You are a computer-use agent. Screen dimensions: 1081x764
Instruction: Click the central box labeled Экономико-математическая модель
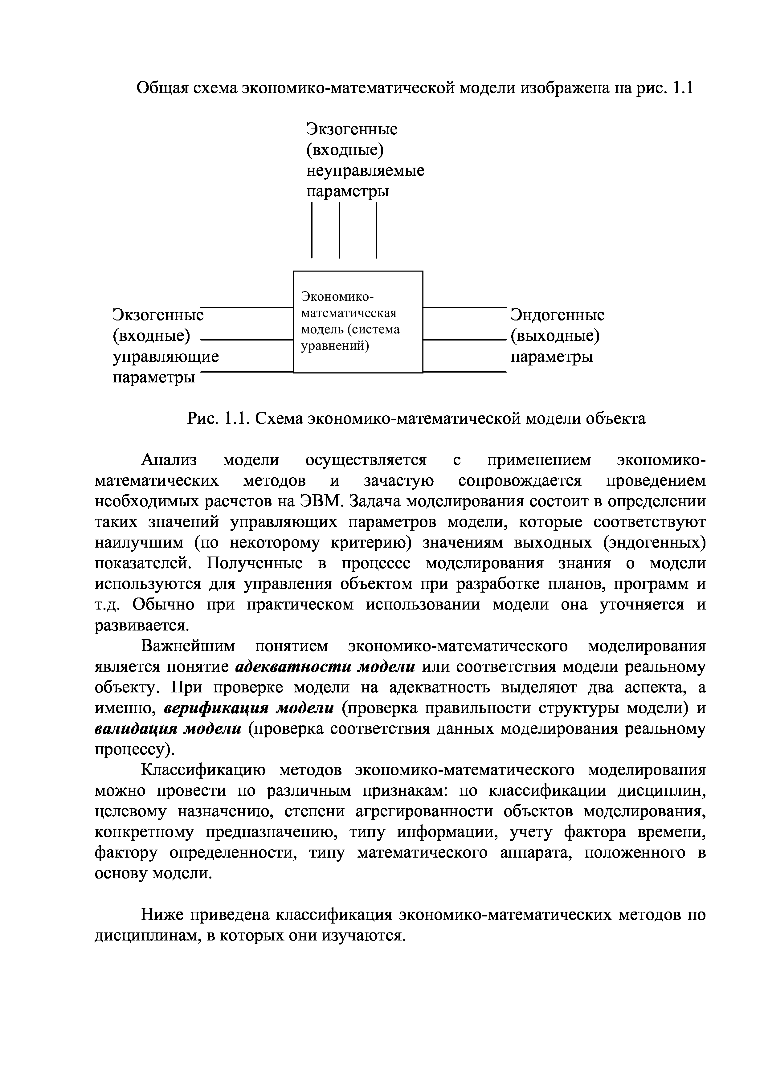[358, 322]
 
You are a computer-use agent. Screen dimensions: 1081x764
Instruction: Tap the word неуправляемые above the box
[365, 170]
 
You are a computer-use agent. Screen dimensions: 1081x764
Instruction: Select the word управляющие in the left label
[166, 357]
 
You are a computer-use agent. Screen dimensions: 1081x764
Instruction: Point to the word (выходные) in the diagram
[555, 336]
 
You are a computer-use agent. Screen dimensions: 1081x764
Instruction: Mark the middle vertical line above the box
[339, 230]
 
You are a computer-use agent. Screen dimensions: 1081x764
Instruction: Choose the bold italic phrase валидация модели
[168, 729]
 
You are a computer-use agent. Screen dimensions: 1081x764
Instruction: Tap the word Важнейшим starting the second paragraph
[188, 647]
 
